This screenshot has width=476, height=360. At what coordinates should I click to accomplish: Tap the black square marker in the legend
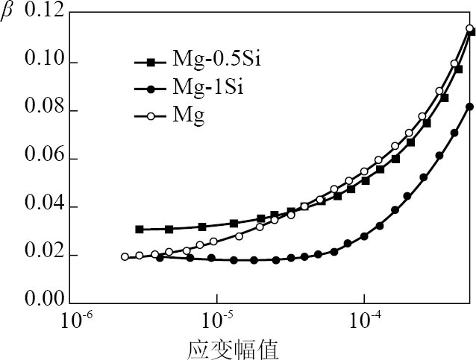click(151, 63)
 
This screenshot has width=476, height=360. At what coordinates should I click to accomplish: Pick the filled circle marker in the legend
click(151, 89)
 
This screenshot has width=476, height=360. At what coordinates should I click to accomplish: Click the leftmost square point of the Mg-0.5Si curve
click(139, 230)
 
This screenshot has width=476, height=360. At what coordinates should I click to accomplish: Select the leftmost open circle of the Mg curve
click(125, 257)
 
